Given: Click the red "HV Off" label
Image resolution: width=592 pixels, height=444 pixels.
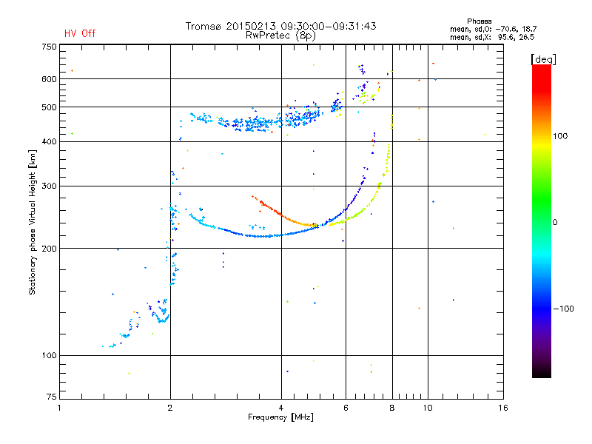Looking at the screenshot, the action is click(80, 33).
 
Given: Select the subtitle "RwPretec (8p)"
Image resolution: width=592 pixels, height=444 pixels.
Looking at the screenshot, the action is click(280, 36).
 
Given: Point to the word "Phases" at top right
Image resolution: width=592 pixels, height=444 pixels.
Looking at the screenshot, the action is click(479, 21).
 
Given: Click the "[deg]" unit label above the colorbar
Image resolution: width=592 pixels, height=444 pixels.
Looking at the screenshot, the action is click(543, 59).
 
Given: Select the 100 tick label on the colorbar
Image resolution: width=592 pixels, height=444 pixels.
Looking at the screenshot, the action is click(560, 136).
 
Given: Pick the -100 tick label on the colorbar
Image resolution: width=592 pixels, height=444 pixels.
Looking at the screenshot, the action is click(564, 309).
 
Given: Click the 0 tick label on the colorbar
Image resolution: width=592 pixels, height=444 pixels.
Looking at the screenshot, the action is click(555, 223).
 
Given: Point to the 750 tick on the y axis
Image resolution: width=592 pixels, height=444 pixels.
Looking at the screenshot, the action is click(49, 47).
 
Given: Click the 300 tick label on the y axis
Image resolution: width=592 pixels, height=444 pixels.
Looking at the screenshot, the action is click(49, 186).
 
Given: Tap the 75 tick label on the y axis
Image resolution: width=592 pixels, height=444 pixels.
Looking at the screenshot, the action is click(52, 397).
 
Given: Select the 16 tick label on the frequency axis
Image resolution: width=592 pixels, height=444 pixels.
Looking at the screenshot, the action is click(503, 408).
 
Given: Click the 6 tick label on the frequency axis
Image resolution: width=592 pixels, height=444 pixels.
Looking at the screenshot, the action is click(346, 408).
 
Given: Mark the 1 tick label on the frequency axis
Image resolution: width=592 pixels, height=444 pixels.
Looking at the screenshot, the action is click(60, 408).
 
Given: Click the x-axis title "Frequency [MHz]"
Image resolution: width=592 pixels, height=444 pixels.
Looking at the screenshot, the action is click(280, 417).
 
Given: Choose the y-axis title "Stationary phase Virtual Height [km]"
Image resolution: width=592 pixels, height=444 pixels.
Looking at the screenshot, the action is click(32, 222).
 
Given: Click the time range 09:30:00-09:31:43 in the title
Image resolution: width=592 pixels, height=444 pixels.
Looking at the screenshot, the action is click(329, 26).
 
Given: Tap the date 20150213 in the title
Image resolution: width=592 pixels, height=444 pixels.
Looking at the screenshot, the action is click(251, 26).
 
